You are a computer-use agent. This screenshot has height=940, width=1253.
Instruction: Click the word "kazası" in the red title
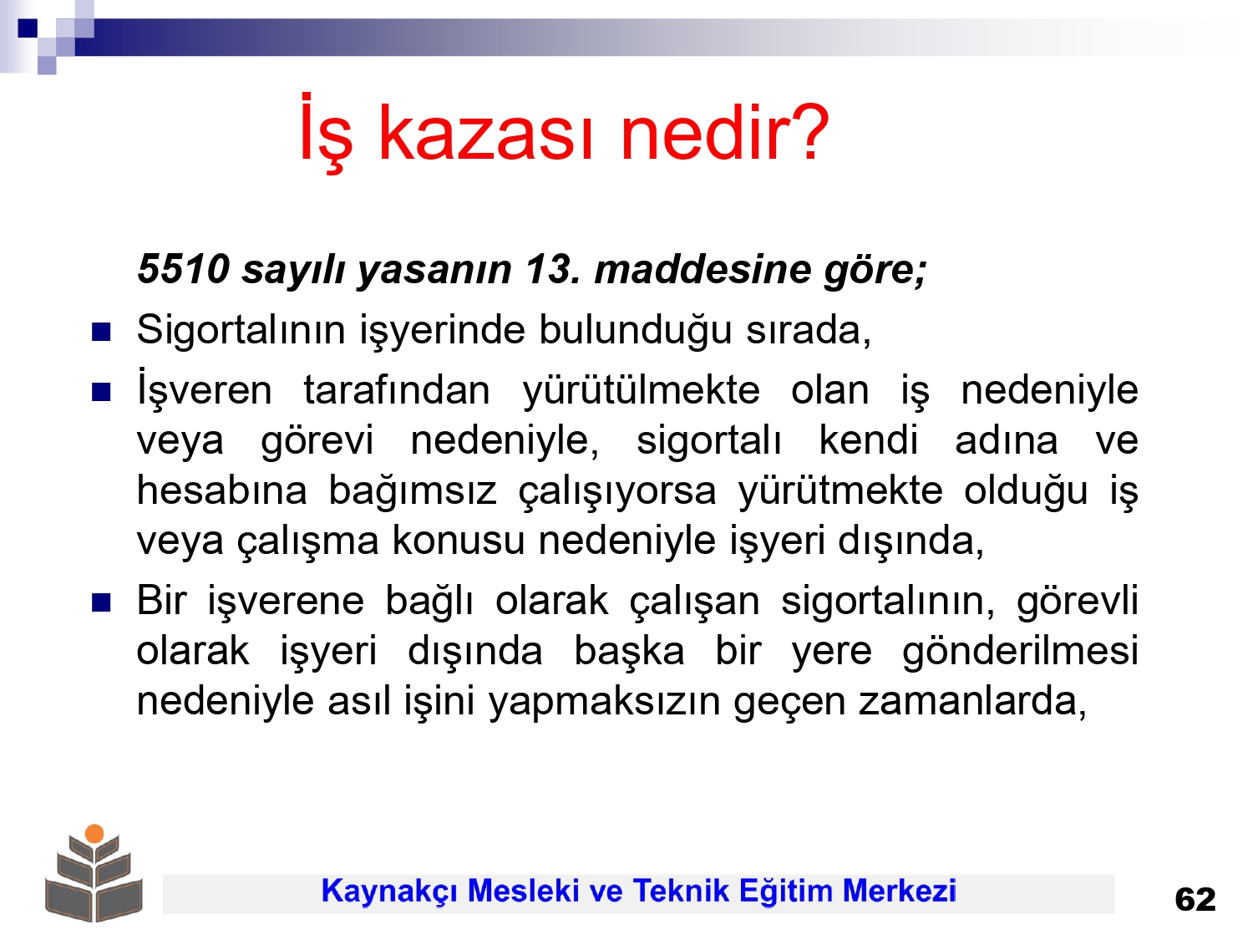(x=486, y=134)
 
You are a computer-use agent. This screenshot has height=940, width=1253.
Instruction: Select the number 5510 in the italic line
(x=184, y=269)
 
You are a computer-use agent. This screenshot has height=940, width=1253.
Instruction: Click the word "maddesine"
(x=703, y=269)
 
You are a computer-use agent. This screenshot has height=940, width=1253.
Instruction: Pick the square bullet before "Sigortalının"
(x=101, y=332)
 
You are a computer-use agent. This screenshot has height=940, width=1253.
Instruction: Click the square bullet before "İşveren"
(x=101, y=392)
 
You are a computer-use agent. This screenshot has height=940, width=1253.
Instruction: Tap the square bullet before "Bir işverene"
(x=101, y=602)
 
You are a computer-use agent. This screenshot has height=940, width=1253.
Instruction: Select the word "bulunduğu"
(x=636, y=332)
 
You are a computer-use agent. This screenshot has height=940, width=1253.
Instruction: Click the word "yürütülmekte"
(x=642, y=392)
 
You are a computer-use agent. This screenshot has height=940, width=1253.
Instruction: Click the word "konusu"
(x=459, y=541)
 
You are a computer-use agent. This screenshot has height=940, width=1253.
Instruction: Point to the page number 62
(x=1195, y=900)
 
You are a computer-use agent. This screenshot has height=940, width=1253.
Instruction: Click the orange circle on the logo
(x=94, y=833)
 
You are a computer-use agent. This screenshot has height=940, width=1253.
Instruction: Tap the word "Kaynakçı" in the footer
(x=388, y=892)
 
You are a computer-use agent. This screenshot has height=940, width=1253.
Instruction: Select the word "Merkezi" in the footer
(x=899, y=891)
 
